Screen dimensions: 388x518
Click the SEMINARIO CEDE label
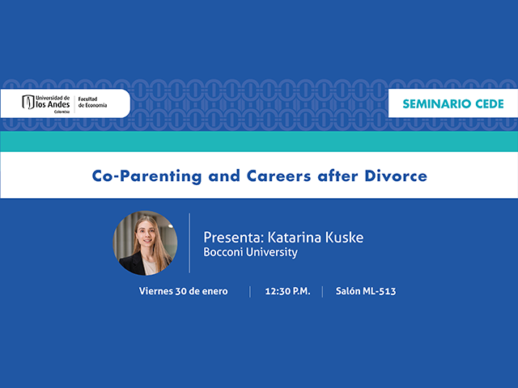point(453,103)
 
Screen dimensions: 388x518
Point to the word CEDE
point(486,103)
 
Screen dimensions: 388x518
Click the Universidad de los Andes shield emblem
point(28,103)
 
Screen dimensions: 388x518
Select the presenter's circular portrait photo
point(145,242)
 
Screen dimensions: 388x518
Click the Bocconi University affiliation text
point(250,252)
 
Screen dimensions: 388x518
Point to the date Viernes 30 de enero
point(183,291)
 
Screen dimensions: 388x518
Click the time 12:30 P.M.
point(287,291)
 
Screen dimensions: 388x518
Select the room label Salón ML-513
point(366,291)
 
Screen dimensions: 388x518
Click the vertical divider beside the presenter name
point(189,242)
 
